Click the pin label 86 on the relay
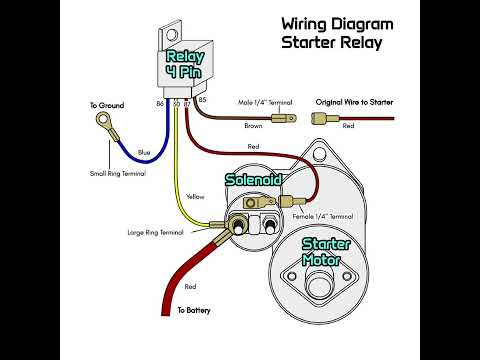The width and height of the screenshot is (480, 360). (160, 102)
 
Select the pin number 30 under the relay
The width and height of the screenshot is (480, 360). (176, 103)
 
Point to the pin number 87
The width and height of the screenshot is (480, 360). (187, 103)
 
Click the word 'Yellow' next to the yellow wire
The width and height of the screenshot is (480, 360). (195, 197)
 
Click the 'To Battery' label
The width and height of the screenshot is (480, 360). (196, 311)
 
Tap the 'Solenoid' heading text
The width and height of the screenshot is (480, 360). (253, 179)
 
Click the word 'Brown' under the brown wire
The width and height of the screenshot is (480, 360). (254, 127)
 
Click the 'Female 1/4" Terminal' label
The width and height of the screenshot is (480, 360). (322, 216)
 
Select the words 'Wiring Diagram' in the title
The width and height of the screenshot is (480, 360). (337, 23)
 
